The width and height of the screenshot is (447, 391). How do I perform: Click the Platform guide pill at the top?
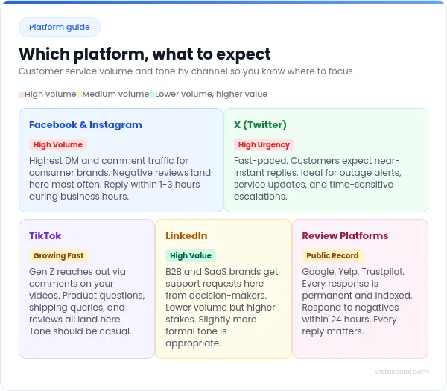pyautogui.click(x=60, y=28)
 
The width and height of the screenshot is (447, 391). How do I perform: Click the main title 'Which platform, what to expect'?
pyautogui.click(x=145, y=54)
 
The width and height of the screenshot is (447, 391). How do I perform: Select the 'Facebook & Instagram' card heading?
pyautogui.click(x=85, y=125)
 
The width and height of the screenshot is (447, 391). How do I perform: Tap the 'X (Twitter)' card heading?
pyautogui.click(x=260, y=125)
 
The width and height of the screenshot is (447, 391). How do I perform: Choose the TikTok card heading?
pyautogui.click(x=45, y=236)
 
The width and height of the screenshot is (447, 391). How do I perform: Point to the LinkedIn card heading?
pyautogui.click(x=186, y=236)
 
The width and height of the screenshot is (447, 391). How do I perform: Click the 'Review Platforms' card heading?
pyautogui.click(x=345, y=236)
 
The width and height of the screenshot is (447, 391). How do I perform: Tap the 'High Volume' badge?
pyautogui.click(x=58, y=145)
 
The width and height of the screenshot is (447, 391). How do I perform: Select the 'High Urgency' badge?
pyautogui.click(x=264, y=145)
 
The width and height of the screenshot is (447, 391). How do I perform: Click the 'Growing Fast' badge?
pyautogui.click(x=58, y=256)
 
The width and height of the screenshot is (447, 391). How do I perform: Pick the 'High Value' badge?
pyautogui.click(x=190, y=256)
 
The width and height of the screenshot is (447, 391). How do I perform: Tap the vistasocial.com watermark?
pyautogui.click(x=402, y=372)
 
